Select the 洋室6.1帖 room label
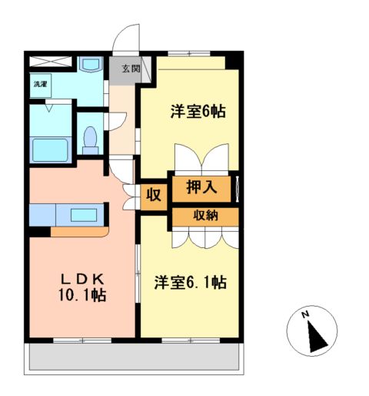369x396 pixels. coord(190,282)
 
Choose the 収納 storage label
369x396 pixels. coord(205,215)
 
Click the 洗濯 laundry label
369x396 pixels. coord(38,84)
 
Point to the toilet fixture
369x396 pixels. coord(91,139)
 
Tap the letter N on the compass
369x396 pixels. coord(305,314)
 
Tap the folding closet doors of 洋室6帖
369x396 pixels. coord(204,159)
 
